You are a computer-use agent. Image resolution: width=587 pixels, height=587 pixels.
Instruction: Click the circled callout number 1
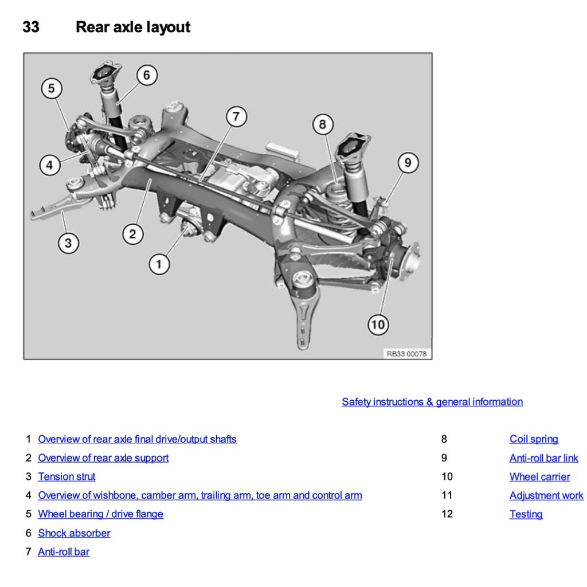point(159,264)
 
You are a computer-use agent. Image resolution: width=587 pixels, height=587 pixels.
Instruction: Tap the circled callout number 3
point(68,243)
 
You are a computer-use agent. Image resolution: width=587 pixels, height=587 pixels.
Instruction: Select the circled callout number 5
point(52,88)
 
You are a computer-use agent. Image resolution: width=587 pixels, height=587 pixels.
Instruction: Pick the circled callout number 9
point(408,163)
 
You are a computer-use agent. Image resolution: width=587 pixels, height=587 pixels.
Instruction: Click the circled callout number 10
point(378,325)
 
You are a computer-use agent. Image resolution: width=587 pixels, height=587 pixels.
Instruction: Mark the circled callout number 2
point(132,234)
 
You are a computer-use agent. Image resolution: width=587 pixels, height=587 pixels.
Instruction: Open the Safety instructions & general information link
point(432,402)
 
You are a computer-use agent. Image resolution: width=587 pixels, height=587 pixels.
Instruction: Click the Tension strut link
point(66,476)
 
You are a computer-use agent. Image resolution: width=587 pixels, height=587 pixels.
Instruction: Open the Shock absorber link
point(74,533)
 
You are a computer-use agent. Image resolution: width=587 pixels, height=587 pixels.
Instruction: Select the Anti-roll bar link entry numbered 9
point(543,458)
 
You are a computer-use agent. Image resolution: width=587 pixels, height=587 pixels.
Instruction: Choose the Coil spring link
point(533,439)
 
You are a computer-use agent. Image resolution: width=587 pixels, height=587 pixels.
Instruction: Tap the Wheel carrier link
point(539,477)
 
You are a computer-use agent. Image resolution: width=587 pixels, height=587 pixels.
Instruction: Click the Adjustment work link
point(546,495)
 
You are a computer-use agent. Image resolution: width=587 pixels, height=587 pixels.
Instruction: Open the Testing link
point(526,514)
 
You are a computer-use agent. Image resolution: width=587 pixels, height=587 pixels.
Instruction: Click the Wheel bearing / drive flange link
point(100,514)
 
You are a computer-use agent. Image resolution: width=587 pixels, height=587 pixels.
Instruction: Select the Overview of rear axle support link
point(103,458)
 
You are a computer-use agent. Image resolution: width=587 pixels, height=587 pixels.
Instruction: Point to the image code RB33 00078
point(406,354)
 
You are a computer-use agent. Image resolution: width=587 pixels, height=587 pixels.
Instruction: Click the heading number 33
point(31,27)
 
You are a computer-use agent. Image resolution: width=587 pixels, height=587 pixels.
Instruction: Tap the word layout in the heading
point(167,27)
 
